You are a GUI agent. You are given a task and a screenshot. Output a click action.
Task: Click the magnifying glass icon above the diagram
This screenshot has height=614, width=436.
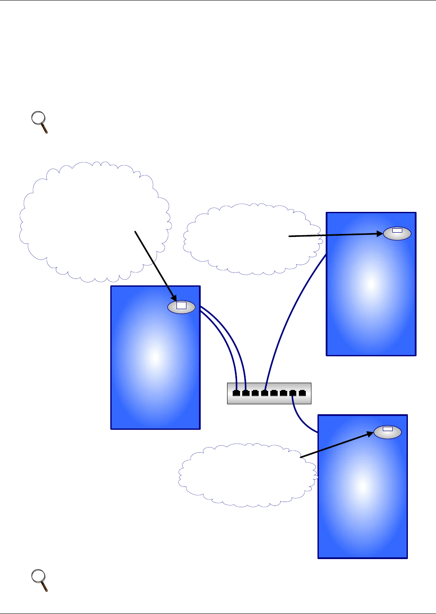click(x=40, y=122)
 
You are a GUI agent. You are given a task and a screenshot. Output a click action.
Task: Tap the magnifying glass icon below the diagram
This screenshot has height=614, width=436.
click(x=40, y=580)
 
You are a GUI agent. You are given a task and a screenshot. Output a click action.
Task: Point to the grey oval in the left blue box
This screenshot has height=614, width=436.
click(x=181, y=307)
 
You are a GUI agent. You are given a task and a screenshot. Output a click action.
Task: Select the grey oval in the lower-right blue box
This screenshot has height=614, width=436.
click(x=388, y=432)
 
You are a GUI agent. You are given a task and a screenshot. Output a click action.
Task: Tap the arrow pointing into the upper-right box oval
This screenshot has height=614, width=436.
click(x=335, y=235)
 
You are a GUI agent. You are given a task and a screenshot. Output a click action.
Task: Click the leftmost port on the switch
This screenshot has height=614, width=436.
click(x=236, y=393)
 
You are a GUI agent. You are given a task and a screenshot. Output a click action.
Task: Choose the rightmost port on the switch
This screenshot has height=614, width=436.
click(x=302, y=393)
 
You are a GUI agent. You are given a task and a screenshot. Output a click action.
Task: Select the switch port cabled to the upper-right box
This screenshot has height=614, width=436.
click(x=265, y=393)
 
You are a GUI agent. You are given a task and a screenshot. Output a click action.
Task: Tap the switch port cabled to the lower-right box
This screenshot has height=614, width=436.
click(x=293, y=393)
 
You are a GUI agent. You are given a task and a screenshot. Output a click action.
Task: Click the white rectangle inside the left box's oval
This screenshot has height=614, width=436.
click(x=181, y=306)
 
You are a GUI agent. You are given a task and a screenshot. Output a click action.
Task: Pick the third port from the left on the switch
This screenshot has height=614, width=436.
click(x=255, y=393)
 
